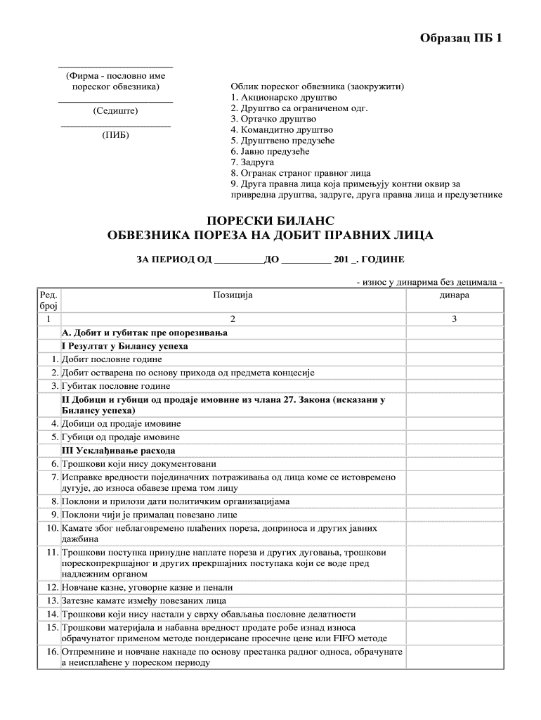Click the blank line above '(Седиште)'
116,103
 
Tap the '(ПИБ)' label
116,135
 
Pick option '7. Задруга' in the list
256,162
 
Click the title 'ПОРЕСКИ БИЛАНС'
270,221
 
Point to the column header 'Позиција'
233,295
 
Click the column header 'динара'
455,295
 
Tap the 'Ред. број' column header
48,301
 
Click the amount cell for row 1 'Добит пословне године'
455,359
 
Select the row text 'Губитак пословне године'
117,386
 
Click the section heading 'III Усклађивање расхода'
119,450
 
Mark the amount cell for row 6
455,463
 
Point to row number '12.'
51,587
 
